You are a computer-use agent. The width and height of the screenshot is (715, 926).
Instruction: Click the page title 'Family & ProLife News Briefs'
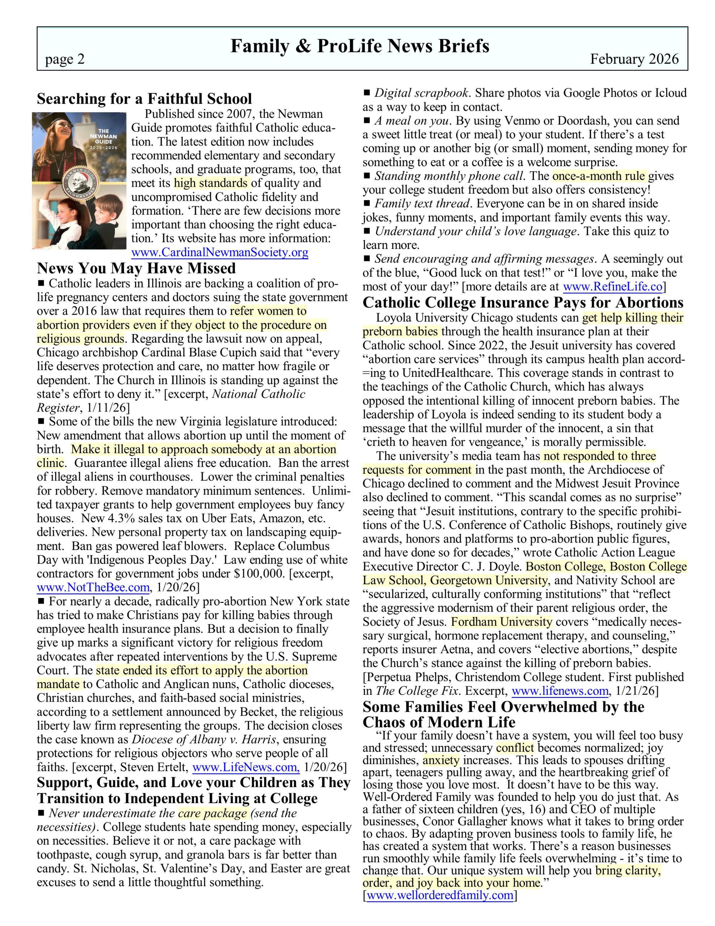[x=359, y=46]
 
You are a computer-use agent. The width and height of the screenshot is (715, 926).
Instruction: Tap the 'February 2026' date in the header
[x=634, y=59]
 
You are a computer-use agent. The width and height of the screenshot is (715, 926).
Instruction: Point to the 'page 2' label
[x=65, y=59]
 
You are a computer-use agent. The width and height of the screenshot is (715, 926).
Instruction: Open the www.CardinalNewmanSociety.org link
[x=219, y=253]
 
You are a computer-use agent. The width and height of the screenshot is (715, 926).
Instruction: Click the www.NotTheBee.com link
[x=93, y=587]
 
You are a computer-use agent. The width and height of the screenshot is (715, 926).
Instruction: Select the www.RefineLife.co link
[x=612, y=287]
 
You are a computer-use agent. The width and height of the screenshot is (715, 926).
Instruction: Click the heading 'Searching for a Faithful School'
[x=144, y=99]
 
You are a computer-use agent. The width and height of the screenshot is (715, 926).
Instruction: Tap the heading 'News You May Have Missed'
[x=136, y=268]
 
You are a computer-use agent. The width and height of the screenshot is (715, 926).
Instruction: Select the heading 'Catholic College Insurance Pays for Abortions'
[x=523, y=303]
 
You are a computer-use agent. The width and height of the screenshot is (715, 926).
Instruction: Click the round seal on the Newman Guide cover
[x=81, y=183]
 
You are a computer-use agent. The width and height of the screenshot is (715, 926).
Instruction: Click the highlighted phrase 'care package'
[x=212, y=813]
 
